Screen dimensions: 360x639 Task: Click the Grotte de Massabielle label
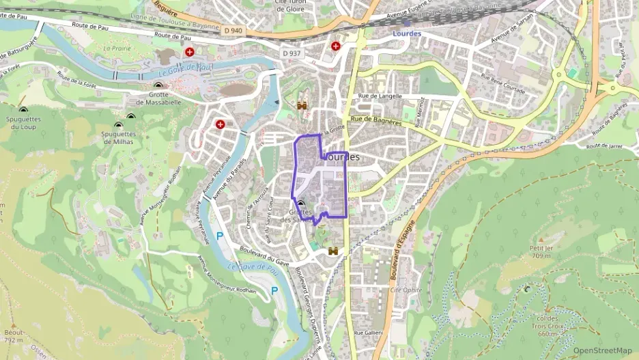pos(158,98)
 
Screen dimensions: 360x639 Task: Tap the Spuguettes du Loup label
pos(23,123)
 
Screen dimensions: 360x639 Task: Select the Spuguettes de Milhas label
pos(119,137)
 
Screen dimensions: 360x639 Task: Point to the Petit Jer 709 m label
pos(541,252)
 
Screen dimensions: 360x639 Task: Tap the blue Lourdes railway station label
pos(408,33)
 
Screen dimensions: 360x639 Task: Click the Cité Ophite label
pos(406,290)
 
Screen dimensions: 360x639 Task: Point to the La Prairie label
pos(117,49)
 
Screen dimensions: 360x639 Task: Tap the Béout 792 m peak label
pos(14,335)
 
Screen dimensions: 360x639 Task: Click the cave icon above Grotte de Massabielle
pos(158,85)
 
